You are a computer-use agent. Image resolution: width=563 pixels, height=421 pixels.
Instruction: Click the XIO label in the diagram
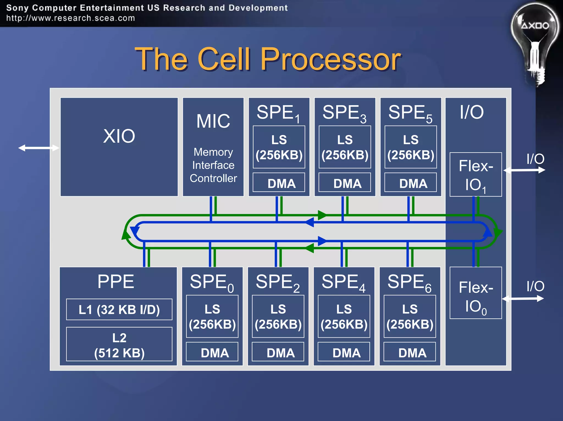tap(119, 136)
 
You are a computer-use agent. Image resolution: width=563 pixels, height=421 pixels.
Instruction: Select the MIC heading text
tap(213, 121)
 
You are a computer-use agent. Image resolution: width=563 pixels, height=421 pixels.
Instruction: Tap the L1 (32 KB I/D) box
tap(119, 310)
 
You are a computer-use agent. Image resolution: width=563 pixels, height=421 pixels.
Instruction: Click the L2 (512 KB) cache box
tap(119, 344)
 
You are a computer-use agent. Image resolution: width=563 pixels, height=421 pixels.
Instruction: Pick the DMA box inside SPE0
tap(212, 352)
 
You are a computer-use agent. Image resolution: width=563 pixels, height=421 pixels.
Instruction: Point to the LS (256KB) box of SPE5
tap(410, 147)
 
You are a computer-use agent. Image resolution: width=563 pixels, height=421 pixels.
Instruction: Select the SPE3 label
tap(344, 113)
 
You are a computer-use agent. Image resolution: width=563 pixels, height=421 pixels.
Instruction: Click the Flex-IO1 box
tap(476, 175)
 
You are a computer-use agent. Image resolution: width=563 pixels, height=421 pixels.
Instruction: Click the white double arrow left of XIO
tap(38, 148)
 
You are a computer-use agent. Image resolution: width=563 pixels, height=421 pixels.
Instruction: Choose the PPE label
tap(116, 282)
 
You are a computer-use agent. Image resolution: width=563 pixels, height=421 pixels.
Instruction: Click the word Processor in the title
tap(330, 59)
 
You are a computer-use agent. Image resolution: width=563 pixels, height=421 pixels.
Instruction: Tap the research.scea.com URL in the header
tap(71, 18)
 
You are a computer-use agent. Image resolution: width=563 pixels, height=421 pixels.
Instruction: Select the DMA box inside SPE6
tap(410, 352)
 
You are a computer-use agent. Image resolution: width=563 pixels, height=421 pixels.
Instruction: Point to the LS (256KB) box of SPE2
tap(278, 317)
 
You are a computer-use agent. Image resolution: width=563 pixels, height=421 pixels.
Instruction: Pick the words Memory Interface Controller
tap(213, 165)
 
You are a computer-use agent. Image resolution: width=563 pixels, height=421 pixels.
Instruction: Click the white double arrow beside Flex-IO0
tap(523, 299)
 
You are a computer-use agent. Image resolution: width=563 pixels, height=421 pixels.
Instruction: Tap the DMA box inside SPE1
tap(279, 183)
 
